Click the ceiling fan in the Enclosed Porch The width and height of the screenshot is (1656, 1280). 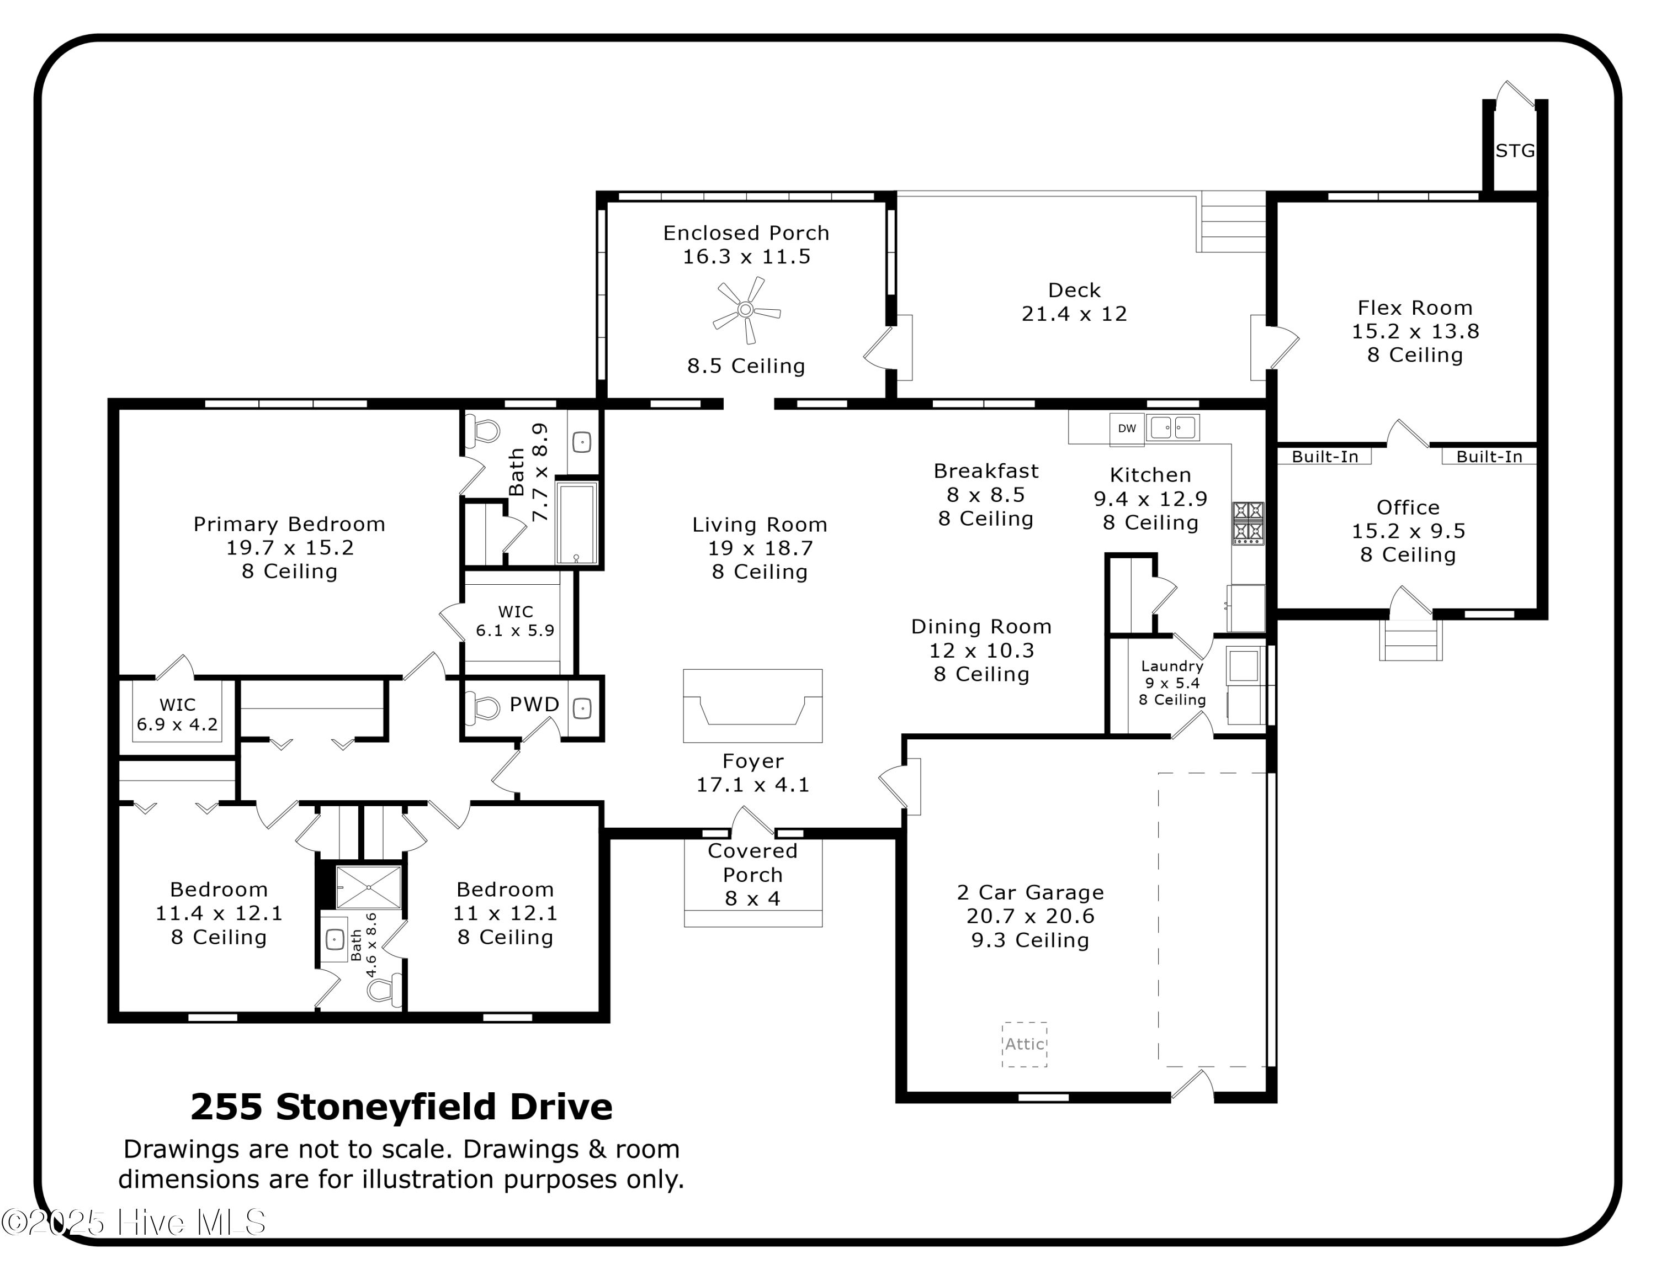(x=746, y=309)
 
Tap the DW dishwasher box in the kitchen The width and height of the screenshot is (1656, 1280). (x=1127, y=429)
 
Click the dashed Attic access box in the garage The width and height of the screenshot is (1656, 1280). (x=1025, y=1044)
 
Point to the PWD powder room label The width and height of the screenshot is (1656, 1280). (x=534, y=705)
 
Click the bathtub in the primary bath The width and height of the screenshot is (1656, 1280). (x=577, y=522)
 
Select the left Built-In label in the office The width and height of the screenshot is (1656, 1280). (x=1325, y=457)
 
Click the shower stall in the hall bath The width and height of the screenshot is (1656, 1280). (x=369, y=886)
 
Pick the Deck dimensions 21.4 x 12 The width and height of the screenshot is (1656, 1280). (x=1074, y=314)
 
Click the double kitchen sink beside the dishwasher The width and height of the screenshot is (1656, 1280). (x=1172, y=427)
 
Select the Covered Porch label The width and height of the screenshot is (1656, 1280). (x=752, y=863)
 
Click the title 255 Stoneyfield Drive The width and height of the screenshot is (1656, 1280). (x=401, y=1107)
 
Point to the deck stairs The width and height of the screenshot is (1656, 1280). (x=1232, y=222)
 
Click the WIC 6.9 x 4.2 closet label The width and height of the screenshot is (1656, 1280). (x=177, y=715)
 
